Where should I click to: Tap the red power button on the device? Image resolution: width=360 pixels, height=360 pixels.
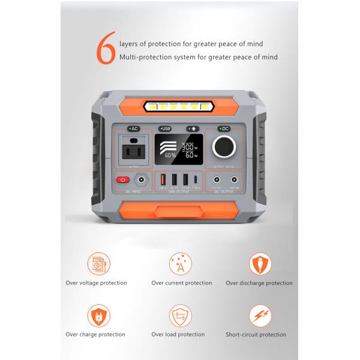point(123,179)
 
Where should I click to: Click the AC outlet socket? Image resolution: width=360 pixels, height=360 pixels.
point(133,149)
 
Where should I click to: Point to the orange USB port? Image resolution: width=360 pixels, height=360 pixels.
point(163,179)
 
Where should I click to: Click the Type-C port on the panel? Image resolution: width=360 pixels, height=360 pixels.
point(197,179)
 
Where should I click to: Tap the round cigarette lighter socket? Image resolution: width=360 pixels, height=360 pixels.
point(226,146)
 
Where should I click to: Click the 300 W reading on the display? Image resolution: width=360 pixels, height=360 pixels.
point(190,147)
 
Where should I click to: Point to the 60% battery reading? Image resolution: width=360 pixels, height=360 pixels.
point(170,155)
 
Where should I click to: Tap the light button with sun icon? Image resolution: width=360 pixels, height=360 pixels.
point(193,129)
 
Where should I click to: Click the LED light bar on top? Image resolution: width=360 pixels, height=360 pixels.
point(179,107)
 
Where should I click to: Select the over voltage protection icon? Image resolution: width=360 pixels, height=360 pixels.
point(97,264)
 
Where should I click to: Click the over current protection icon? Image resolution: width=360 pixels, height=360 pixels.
point(181,264)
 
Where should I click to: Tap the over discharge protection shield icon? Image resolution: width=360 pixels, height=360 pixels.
point(260,264)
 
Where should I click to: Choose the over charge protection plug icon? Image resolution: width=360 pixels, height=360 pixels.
point(97,316)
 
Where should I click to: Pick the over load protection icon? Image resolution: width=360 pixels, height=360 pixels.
point(181,316)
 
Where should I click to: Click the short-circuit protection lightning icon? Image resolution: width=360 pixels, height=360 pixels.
point(260,316)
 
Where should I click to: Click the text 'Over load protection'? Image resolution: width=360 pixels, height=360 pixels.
point(178,335)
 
